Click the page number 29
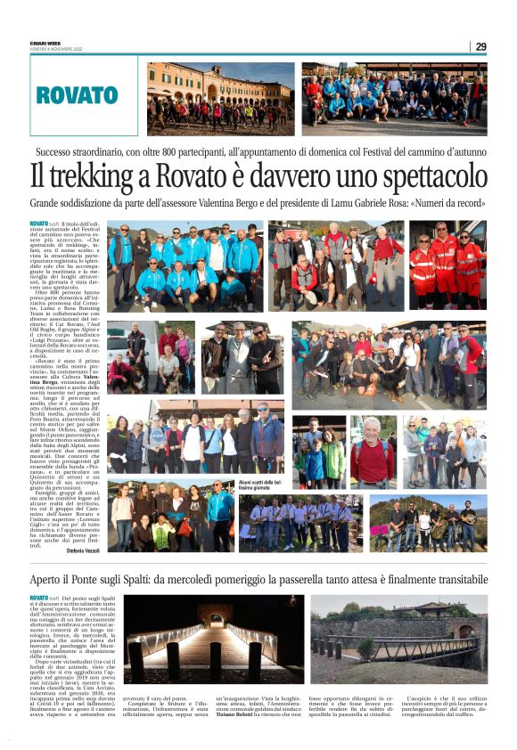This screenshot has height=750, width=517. [480, 46]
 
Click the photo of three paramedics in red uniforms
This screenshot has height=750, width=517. [447, 265]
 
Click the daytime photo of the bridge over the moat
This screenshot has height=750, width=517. [398, 639]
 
